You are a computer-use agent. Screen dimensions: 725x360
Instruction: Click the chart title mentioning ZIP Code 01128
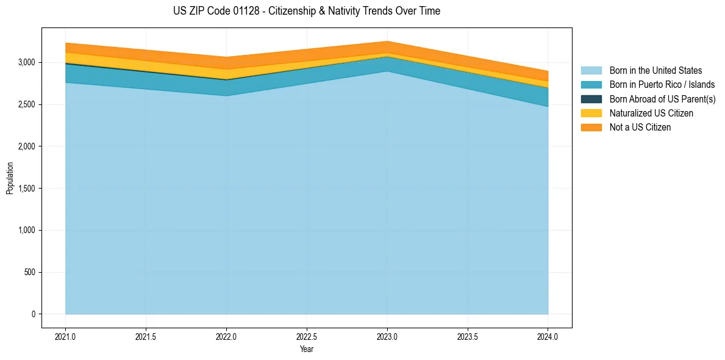point(307,11)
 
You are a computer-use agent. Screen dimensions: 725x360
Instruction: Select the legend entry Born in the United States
point(655,71)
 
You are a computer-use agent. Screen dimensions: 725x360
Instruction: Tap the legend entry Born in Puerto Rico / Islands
point(662,85)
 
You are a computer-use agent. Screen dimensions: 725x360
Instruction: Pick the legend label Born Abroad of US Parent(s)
point(663,99)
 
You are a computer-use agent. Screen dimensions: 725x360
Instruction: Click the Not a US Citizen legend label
point(640,128)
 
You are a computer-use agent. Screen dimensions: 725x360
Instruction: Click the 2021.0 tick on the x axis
point(66,338)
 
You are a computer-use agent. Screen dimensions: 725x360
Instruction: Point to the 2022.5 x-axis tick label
point(307,338)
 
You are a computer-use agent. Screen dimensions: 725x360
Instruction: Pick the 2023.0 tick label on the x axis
point(387,338)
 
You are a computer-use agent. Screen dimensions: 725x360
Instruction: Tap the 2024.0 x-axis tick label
point(548,338)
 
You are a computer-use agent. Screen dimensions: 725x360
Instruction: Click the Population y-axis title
point(9,178)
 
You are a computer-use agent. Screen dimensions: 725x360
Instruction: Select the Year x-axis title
point(307,348)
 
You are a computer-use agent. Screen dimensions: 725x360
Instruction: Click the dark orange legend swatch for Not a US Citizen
point(591,128)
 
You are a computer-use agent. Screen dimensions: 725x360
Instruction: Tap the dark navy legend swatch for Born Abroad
point(591,99)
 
